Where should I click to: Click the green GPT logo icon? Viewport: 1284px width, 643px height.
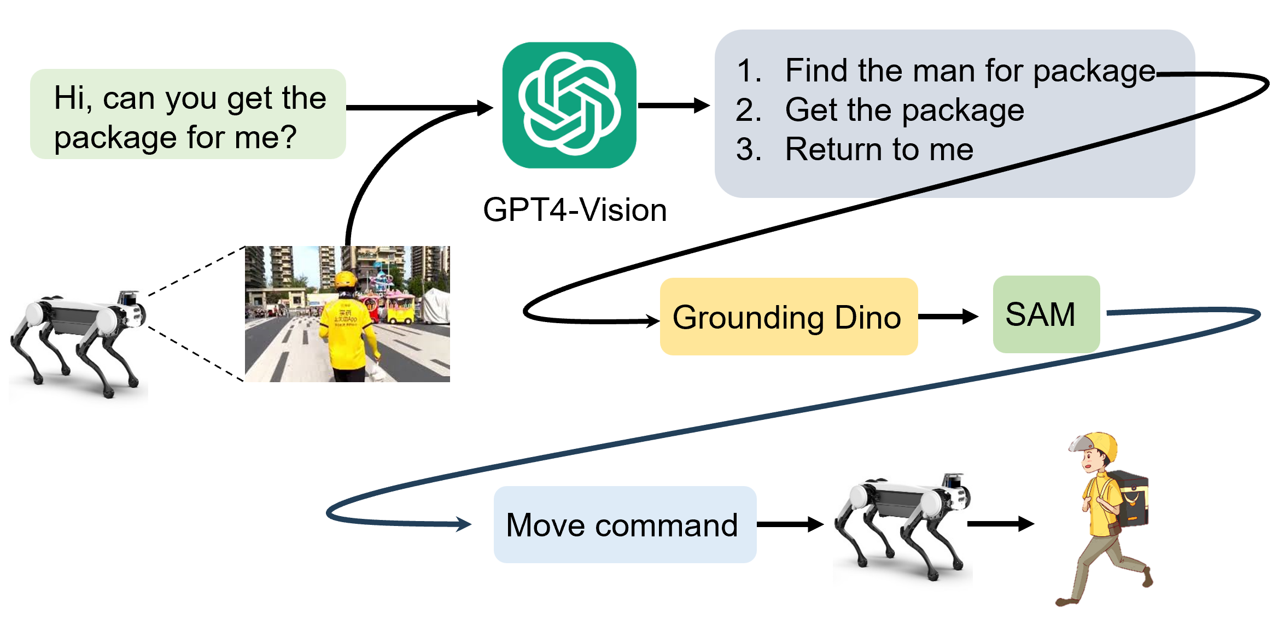(569, 105)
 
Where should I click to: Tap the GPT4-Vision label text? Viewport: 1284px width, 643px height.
(575, 210)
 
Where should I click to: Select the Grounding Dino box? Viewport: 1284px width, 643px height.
(788, 317)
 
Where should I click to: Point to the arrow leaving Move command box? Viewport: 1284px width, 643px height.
(790, 524)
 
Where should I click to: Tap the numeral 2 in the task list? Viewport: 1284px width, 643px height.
(749, 110)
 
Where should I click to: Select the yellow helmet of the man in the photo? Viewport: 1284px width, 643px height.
(346, 279)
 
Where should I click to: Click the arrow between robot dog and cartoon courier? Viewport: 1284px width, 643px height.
(1000, 524)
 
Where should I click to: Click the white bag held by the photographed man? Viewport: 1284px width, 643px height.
(377, 371)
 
